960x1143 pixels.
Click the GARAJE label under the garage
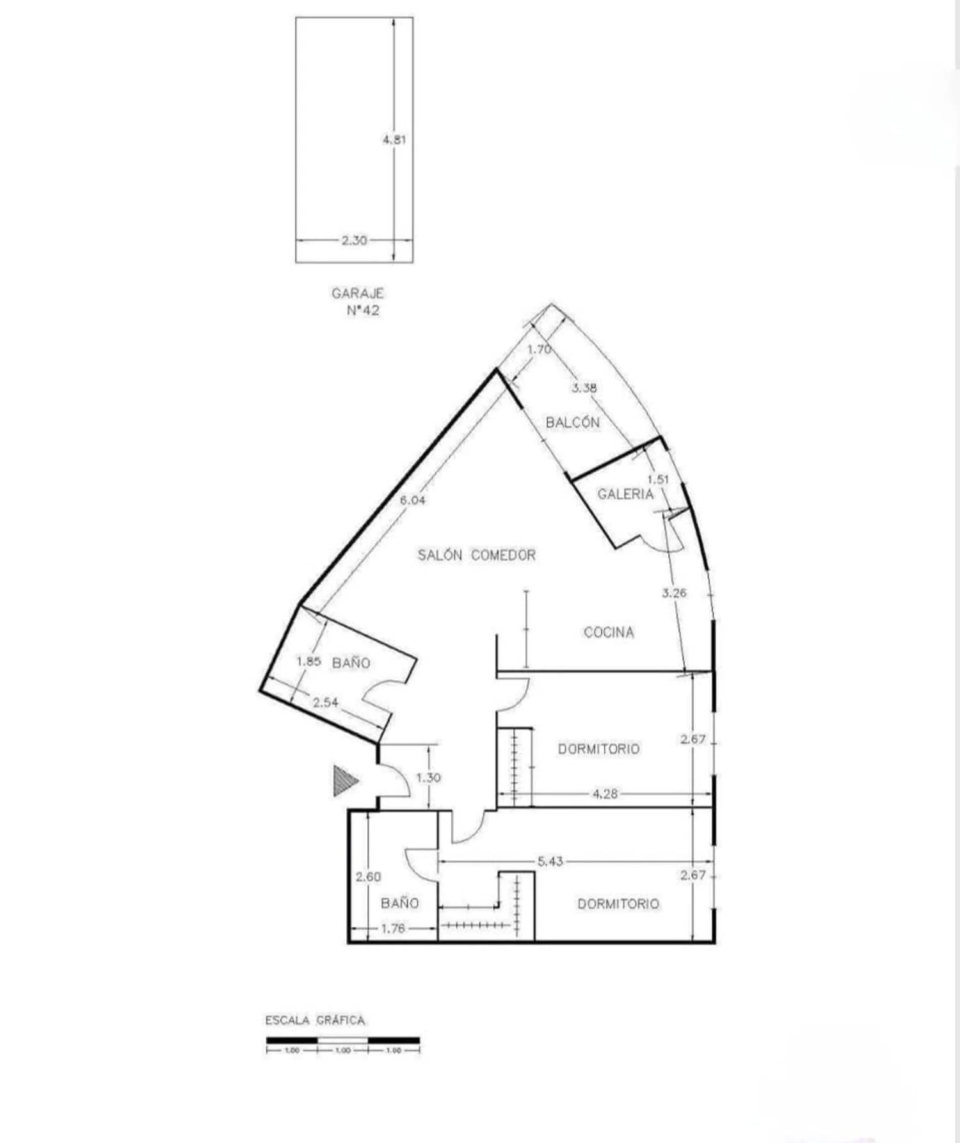pos(358,293)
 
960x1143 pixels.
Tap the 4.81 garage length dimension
pos(394,139)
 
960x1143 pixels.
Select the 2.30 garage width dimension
pos(354,241)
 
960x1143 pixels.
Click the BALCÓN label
pos(573,422)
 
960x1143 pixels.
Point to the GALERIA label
pos(625,493)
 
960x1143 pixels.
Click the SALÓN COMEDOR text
pos(477,555)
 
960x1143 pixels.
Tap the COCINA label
pos(609,632)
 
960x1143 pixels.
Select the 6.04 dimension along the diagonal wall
pos(412,500)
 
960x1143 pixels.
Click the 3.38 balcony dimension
pos(584,388)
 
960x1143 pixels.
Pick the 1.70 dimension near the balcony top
pos(539,349)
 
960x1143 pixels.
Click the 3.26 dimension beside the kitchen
pos(674,593)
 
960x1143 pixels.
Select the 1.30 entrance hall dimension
pos(428,778)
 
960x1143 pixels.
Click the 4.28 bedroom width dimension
pos(605,794)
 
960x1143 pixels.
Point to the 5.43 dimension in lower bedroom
pos(550,861)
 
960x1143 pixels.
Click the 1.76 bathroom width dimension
pos(393,928)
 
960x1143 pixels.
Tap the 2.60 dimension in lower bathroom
pos(369,877)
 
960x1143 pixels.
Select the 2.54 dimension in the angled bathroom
pos(325,702)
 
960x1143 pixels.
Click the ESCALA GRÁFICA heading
pos(316,1020)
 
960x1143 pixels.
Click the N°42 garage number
pos(363,310)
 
